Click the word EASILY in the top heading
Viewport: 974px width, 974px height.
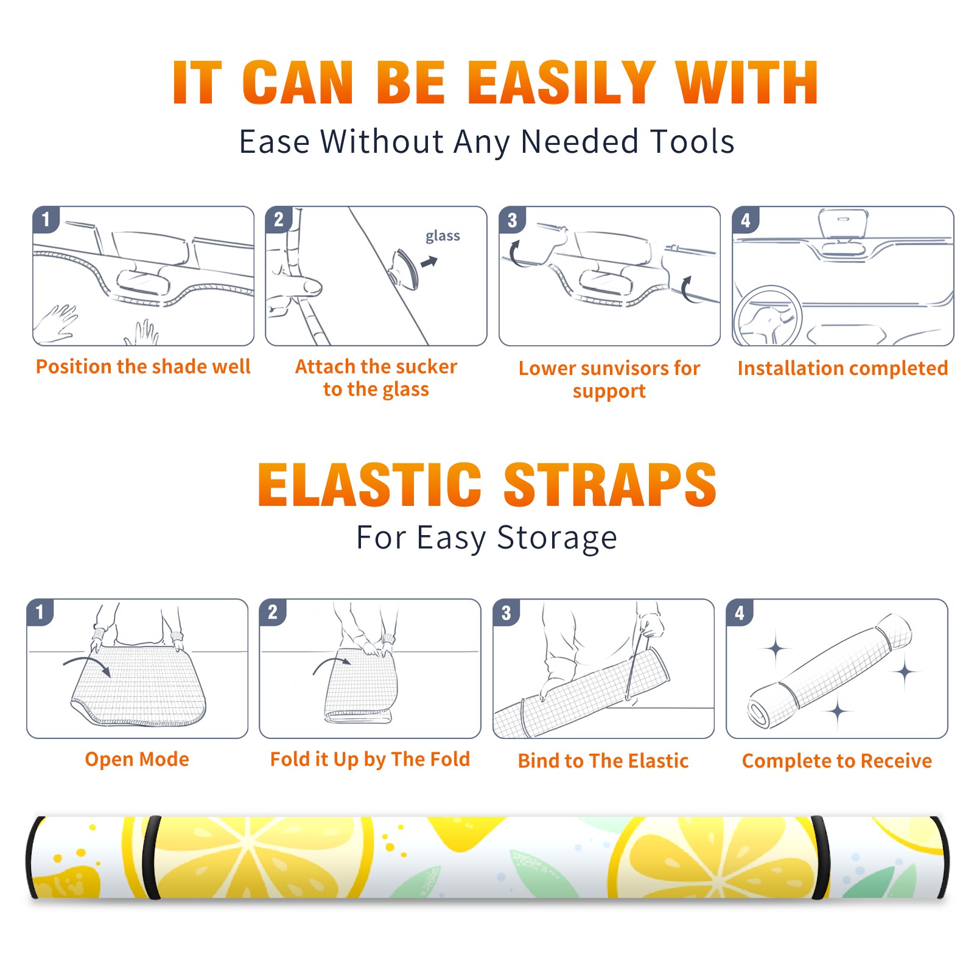[561, 83]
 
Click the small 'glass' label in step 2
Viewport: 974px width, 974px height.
[443, 236]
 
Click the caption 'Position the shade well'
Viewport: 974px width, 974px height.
[143, 366]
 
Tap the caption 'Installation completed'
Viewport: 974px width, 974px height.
[843, 368]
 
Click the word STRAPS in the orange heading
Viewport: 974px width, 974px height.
[610, 485]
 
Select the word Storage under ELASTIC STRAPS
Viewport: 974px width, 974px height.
[557, 538]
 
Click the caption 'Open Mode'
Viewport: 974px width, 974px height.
[137, 759]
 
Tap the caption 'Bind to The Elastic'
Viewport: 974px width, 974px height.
[603, 761]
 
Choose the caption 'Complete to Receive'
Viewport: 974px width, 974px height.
[837, 761]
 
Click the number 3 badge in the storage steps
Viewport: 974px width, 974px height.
[506, 613]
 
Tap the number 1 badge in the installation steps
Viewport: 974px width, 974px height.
[46, 219]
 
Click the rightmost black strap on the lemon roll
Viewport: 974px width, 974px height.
[939, 858]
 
